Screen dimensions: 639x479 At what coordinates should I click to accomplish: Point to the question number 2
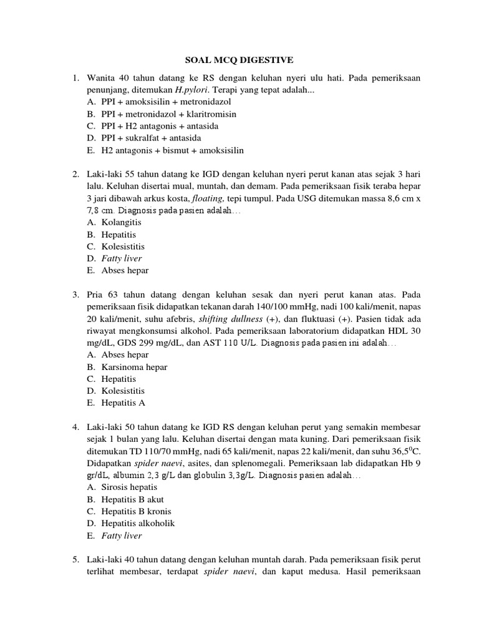(75, 173)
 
